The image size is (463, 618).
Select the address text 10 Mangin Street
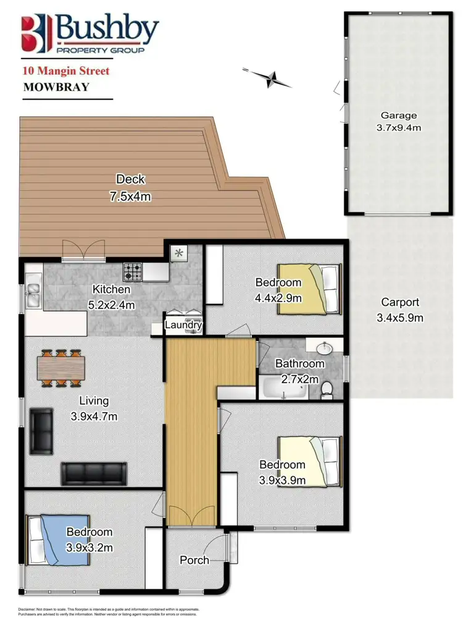coord(66,72)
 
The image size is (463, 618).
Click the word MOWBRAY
coord(56,87)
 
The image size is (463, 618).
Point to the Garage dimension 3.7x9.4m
coord(398,128)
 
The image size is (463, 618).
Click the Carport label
coord(400,302)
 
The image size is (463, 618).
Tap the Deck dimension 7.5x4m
coord(130,197)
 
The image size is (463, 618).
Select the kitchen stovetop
coord(134,271)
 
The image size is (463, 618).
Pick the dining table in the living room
coord(60,368)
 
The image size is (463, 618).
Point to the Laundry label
coord(184,324)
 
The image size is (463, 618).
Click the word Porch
coord(194,561)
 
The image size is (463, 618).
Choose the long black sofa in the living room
coord(93,474)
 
